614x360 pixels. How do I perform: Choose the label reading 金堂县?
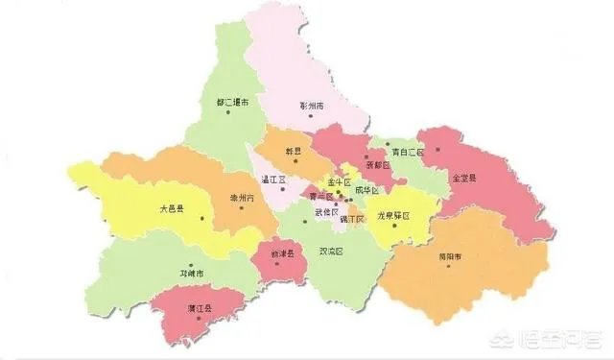pos(464,178)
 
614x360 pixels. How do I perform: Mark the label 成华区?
pos(366,190)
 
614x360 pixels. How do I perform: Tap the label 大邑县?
pos(173,207)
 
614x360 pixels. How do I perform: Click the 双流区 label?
pos(330,251)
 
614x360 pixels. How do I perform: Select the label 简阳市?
pos(450,257)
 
